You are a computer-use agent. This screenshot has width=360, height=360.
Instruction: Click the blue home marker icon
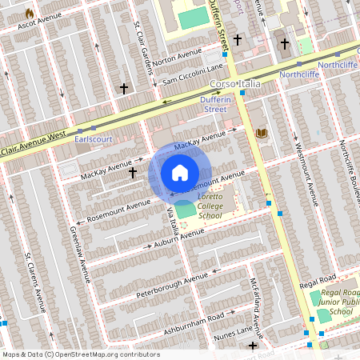[180, 173]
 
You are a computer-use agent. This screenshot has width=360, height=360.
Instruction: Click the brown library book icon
[261, 133]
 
